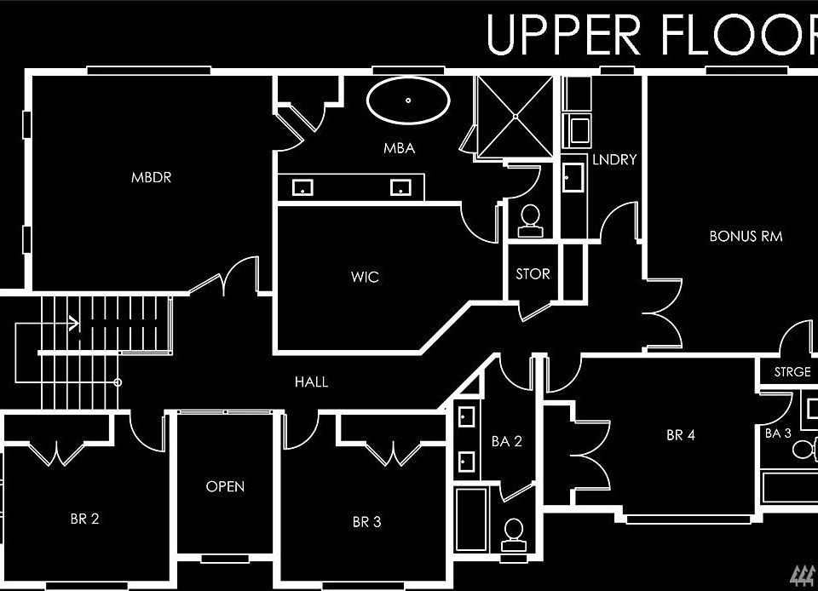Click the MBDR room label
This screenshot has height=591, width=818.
(x=152, y=177)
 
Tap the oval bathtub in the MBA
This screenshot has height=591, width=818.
(x=408, y=100)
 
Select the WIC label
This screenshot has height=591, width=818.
(x=365, y=276)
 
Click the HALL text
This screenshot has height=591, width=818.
(x=312, y=382)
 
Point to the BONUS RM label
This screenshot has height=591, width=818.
(x=746, y=236)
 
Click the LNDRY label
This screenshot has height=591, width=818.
(x=614, y=159)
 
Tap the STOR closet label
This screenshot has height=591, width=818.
(x=533, y=273)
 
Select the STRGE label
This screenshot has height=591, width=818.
(x=792, y=371)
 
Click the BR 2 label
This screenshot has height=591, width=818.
(x=84, y=519)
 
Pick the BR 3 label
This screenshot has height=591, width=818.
(x=366, y=522)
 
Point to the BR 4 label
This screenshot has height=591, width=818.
(x=681, y=434)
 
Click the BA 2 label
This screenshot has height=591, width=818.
(x=506, y=441)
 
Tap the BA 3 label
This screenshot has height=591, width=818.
(x=778, y=433)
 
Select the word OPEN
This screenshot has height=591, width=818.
(x=225, y=486)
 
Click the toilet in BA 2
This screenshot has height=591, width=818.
(x=514, y=535)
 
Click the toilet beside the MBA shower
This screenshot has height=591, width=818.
(x=531, y=221)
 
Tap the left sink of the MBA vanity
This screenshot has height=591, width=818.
(x=302, y=187)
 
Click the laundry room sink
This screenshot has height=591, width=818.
(x=573, y=177)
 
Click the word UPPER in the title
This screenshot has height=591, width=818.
(x=563, y=35)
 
